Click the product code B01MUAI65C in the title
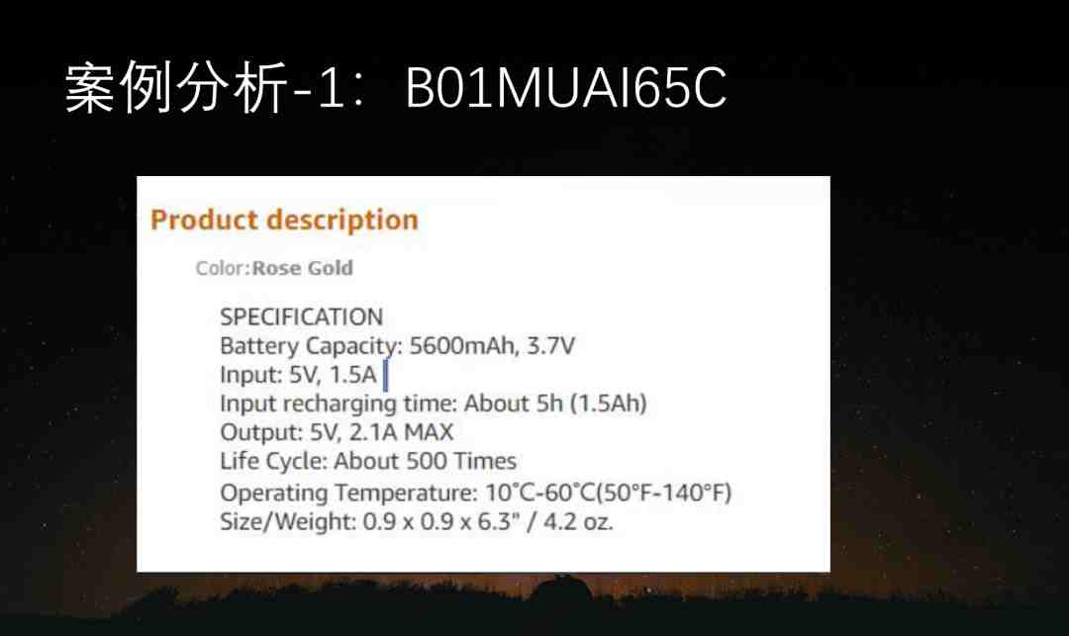566,87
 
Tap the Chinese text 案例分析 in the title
176,87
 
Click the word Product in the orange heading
204,220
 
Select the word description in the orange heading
342,221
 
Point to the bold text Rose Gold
303,268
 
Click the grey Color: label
223,268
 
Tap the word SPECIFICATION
301,317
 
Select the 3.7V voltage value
551,346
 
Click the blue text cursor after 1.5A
385,376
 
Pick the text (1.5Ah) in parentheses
608,404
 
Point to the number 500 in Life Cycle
427,461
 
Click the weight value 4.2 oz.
578,521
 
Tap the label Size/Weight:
288,522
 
